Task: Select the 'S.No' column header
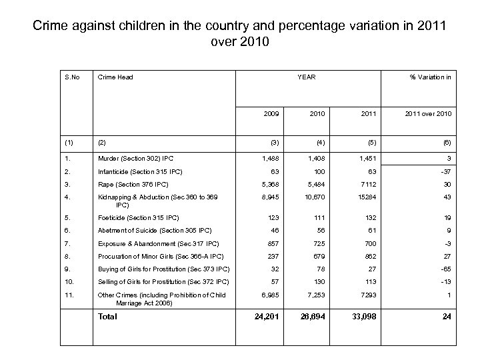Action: [x=71, y=77]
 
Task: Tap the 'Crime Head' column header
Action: [x=115, y=77]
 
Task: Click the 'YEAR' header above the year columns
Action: [x=307, y=77]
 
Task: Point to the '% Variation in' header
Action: [x=430, y=77]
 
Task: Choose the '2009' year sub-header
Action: [x=271, y=114]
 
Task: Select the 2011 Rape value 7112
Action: [x=368, y=184]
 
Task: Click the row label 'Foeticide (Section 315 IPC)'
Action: [x=139, y=217]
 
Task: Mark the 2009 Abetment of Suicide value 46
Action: [x=274, y=230]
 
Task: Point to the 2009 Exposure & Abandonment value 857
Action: [x=272, y=243]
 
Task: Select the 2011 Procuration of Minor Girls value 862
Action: [x=369, y=256]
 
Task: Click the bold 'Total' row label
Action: [x=107, y=317]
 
